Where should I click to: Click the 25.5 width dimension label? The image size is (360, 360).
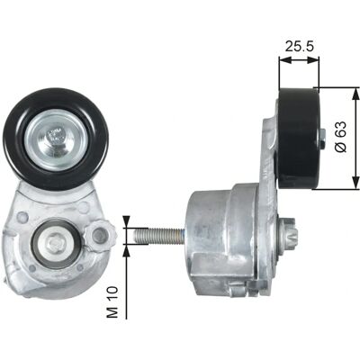point(299,47)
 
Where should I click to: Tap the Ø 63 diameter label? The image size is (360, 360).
point(341,137)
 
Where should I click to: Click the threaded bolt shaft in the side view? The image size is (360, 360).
point(159,236)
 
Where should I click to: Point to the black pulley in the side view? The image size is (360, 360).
point(299,139)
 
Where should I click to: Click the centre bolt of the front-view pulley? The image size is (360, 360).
point(56,139)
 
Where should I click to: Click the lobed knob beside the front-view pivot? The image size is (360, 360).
point(100,235)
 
